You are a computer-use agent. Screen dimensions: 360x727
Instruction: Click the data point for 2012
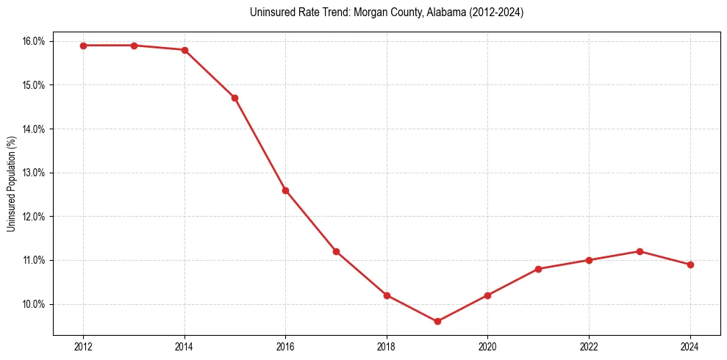[83, 46]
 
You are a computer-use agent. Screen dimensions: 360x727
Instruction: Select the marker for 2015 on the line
[234, 98]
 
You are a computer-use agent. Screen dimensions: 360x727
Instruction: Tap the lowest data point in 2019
[437, 321]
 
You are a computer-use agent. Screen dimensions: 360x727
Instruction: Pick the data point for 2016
[285, 190]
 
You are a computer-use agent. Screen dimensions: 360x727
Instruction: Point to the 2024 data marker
[690, 264]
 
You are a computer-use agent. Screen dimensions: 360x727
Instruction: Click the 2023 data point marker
[640, 251]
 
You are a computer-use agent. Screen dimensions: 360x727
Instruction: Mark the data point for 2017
[336, 251]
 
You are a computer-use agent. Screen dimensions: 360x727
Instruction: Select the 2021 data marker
[538, 269]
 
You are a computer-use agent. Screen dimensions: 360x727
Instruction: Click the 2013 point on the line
[134, 46]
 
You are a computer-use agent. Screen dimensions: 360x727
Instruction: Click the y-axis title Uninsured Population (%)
[11, 184]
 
